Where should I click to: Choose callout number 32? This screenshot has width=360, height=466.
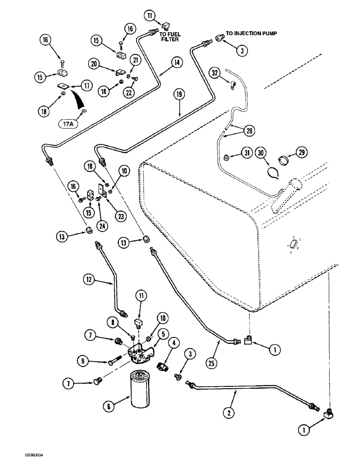pos(215,73)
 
